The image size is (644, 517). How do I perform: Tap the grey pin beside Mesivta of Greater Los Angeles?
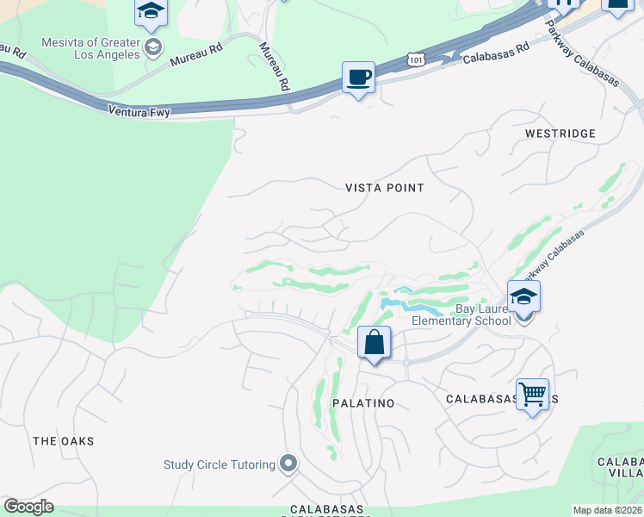tap(153, 47)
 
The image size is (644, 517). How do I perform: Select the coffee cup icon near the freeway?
tap(358, 78)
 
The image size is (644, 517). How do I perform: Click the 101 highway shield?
tap(417, 59)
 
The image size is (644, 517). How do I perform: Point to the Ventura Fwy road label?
tap(139, 111)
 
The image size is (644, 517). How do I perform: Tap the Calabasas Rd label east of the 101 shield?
tap(495, 53)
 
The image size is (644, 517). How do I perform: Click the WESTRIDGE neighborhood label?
tap(560, 134)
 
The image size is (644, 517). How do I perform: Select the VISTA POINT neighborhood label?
tap(385, 187)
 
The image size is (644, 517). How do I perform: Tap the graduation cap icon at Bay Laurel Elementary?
tap(523, 297)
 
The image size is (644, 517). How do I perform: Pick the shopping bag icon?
tap(375, 343)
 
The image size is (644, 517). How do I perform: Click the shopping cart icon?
tap(532, 395)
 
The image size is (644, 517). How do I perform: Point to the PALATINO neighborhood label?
tap(363, 403)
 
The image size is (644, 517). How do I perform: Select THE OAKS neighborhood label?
tap(63, 441)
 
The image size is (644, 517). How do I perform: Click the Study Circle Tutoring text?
tap(220, 464)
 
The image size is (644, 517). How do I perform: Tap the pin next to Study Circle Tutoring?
tap(288, 464)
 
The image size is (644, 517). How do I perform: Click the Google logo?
tap(28, 507)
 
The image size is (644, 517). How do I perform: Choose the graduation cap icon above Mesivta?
tap(151, 11)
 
